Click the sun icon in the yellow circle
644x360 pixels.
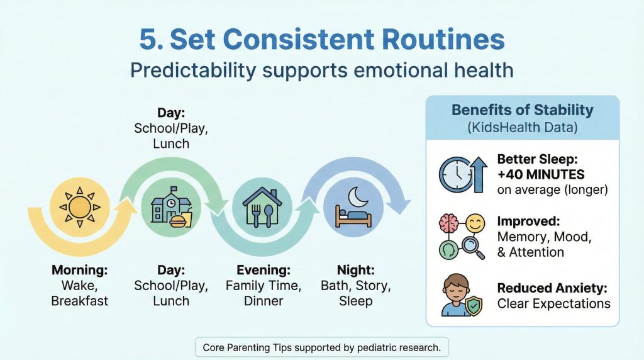point(80,206)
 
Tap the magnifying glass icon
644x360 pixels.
point(472,247)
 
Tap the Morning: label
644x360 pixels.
point(80,271)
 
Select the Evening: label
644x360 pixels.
point(263,271)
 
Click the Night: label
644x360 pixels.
point(356,271)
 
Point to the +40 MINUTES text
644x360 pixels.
point(540,174)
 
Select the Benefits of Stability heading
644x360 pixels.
point(522,110)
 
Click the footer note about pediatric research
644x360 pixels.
point(322,347)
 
